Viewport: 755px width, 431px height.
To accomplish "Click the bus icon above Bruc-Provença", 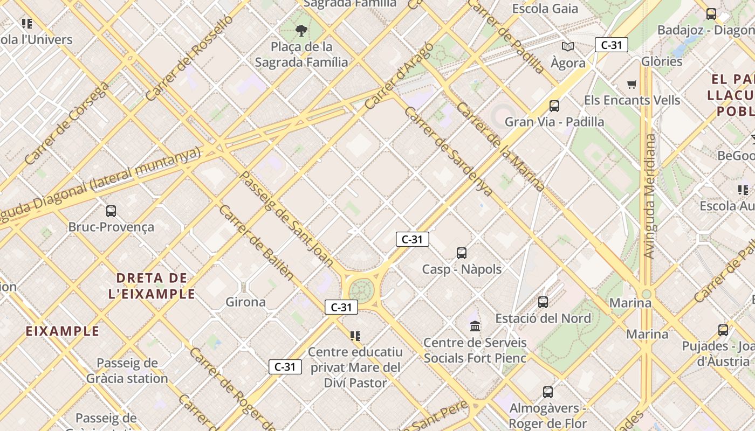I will [x=111, y=211].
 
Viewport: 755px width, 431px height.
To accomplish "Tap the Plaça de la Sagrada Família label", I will [x=301, y=54].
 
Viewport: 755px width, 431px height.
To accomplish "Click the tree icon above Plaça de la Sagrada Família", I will [x=301, y=31].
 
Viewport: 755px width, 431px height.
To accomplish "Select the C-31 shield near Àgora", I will [x=611, y=45].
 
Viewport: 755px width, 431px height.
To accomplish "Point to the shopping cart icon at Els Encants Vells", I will [x=632, y=84].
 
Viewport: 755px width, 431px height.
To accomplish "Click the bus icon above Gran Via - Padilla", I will [x=554, y=106].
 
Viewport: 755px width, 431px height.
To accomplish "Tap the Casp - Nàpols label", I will [x=462, y=269].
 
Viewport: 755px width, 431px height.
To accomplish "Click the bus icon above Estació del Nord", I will [x=543, y=302].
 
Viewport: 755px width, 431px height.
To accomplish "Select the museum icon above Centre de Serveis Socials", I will [x=475, y=326].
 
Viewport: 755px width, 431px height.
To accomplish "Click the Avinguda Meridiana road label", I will [x=650, y=197].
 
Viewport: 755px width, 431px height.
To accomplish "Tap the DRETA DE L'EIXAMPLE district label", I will [x=155, y=286].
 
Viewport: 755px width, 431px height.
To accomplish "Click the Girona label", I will [x=245, y=302].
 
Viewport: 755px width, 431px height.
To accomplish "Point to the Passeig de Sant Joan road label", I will [x=286, y=218].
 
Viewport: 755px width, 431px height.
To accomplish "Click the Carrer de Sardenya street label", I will [x=448, y=151].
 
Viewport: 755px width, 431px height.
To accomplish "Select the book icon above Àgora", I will [x=568, y=47].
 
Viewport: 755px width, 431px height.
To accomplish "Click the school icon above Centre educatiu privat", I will [x=355, y=336].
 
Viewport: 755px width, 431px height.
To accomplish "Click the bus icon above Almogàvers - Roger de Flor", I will [x=548, y=392].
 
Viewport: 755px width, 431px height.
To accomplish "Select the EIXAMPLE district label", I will [x=63, y=331].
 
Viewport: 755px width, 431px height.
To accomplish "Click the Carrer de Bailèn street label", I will [x=257, y=243].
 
